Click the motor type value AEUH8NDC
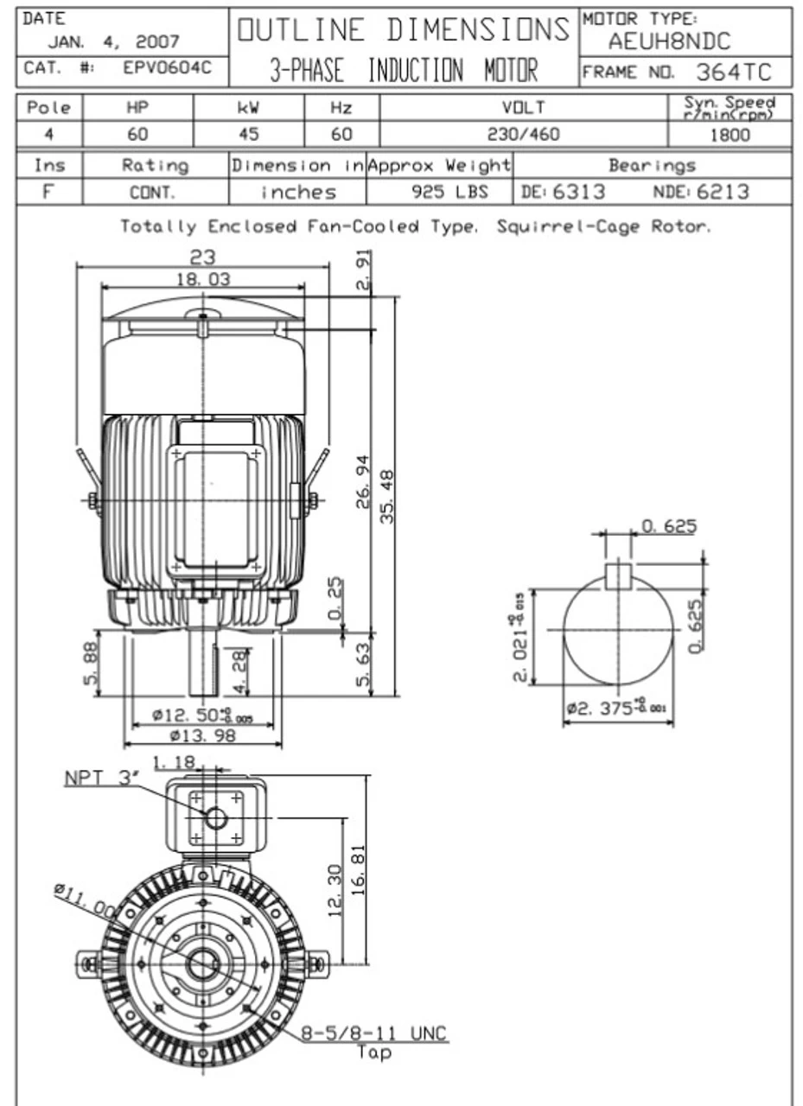[668, 41]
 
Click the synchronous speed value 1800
[730, 135]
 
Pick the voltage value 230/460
[523, 135]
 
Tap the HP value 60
[137, 135]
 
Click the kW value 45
[249, 135]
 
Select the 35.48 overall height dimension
[387, 496]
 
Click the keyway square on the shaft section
[617, 575]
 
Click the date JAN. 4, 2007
[113, 41]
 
